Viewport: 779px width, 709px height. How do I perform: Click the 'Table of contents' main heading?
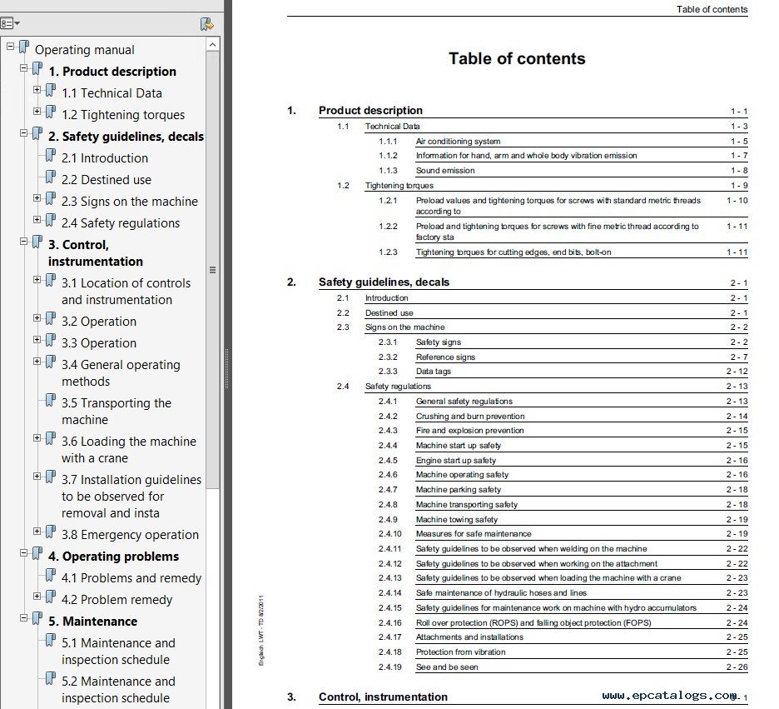click(517, 58)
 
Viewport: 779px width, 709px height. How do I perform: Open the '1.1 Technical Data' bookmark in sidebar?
click(112, 93)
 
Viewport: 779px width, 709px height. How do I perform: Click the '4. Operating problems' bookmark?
click(113, 557)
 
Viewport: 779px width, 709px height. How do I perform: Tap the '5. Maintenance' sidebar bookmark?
click(92, 622)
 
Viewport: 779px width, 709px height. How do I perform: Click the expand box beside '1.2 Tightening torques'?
click(37, 112)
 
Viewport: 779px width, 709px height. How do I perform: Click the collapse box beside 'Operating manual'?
click(11, 47)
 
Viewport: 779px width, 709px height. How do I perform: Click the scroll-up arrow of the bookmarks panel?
click(212, 45)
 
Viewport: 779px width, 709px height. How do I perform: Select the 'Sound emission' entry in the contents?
click(445, 171)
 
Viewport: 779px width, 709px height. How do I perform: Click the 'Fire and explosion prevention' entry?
click(470, 431)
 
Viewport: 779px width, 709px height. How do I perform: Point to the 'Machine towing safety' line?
click(457, 519)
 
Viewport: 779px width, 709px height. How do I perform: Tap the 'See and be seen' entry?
click(447, 667)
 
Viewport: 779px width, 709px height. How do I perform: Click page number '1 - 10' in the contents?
click(737, 200)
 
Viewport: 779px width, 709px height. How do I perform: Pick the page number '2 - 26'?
click(737, 667)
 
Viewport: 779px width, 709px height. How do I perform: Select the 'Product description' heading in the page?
click(370, 111)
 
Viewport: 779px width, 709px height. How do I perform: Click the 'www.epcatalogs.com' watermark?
click(669, 696)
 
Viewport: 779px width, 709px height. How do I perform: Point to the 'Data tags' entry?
click(434, 372)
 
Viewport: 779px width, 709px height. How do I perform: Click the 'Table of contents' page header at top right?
click(712, 9)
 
